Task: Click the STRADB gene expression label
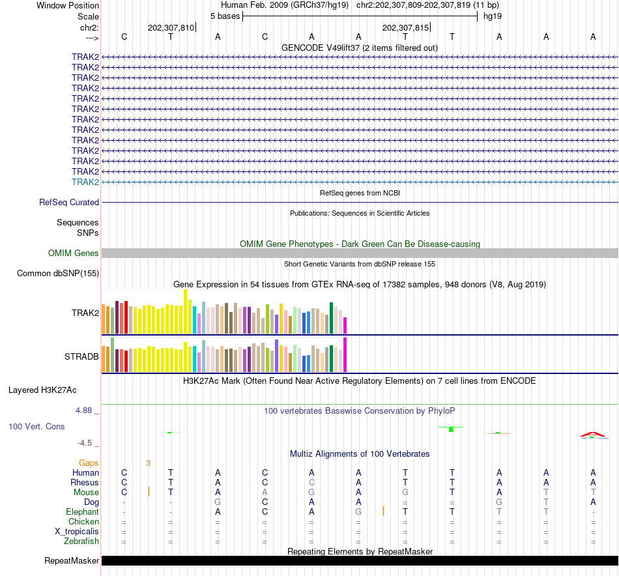[81, 357]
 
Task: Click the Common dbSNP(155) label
[58, 274]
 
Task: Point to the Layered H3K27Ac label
[42, 390]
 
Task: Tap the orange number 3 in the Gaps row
[148, 463]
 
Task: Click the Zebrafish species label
[81, 541]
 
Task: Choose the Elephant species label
[82, 512]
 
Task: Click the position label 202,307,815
[405, 28]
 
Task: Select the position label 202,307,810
[171, 28]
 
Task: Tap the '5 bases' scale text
[225, 16]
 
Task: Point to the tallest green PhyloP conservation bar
[451, 429]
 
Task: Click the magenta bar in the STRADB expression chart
[345, 354]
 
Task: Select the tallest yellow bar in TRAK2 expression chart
[186, 311]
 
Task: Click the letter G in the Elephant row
[358, 512]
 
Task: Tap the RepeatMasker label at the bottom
[72, 561]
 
